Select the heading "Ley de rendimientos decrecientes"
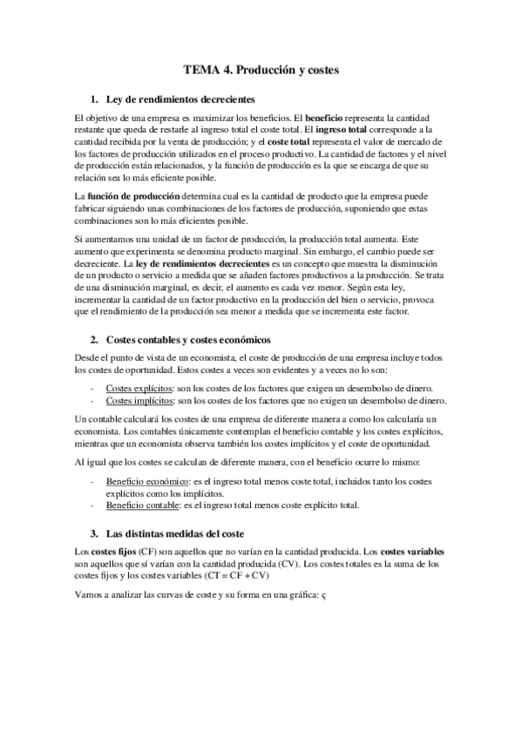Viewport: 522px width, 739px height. (168, 98)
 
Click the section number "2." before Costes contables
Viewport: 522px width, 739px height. (94, 338)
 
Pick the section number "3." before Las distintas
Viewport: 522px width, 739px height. (94, 532)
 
